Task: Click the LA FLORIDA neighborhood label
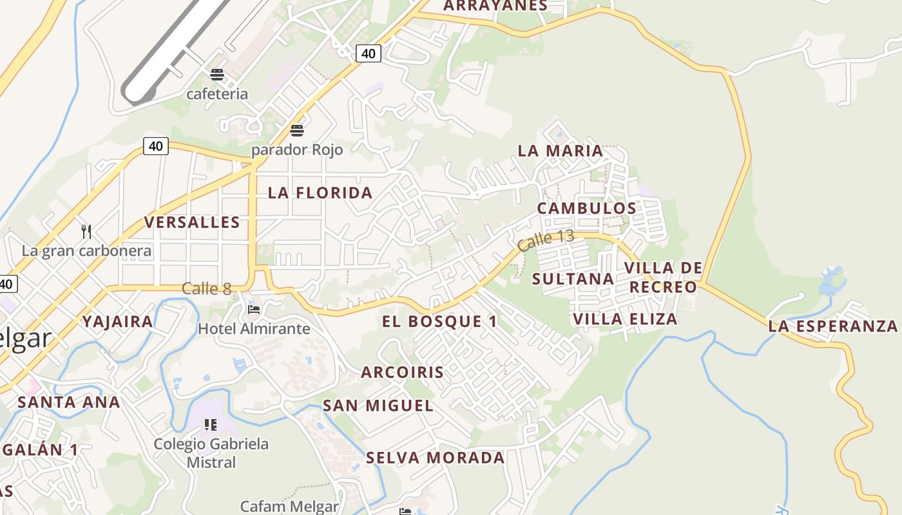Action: (x=320, y=192)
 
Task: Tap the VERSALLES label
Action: (x=192, y=223)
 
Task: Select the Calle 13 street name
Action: (x=545, y=240)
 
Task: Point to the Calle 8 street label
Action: (x=206, y=289)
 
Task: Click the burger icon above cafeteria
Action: (x=217, y=75)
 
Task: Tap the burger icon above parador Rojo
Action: (x=297, y=131)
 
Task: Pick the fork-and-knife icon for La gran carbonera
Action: (x=86, y=230)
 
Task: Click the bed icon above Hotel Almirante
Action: (x=254, y=310)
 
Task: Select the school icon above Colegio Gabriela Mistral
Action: (x=210, y=424)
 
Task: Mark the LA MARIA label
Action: (x=561, y=151)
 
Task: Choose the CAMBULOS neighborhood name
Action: (x=586, y=209)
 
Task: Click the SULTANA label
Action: (x=573, y=279)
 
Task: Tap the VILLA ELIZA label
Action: (x=625, y=319)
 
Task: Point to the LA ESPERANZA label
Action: (x=832, y=326)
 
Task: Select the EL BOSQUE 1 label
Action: (x=439, y=322)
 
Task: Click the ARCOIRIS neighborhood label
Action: (x=402, y=372)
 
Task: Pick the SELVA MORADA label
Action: (x=435, y=458)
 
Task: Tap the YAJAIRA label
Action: (x=118, y=322)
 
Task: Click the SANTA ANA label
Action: (x=68, y=402)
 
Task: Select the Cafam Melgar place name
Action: (x=289, y=507)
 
